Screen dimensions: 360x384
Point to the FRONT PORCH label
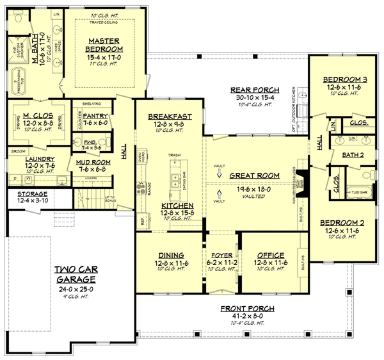point(243,308)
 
